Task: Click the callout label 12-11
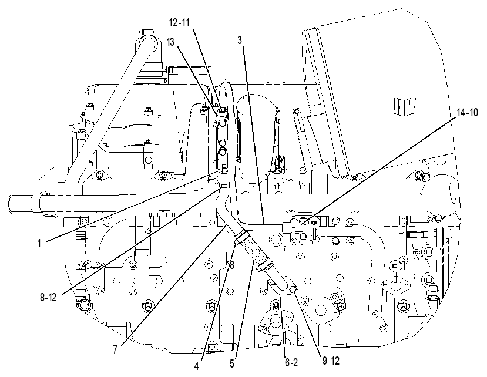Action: click(179, 23)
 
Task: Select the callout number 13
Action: click(171, 42)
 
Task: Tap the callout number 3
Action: click(240, 40)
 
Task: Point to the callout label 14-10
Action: click(468, 112)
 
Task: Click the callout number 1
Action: click(39, 244)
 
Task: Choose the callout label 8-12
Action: click(48, 298)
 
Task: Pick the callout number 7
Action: click(115, 349)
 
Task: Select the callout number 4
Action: click(196, 366)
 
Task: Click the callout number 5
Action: click(232, 363)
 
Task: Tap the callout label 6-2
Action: click(291, 362)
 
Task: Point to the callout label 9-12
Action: click(331, 361)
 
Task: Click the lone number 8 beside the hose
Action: click(231, 265)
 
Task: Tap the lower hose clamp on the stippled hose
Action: click(264, 265)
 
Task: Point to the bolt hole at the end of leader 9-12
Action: click(293, 290)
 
